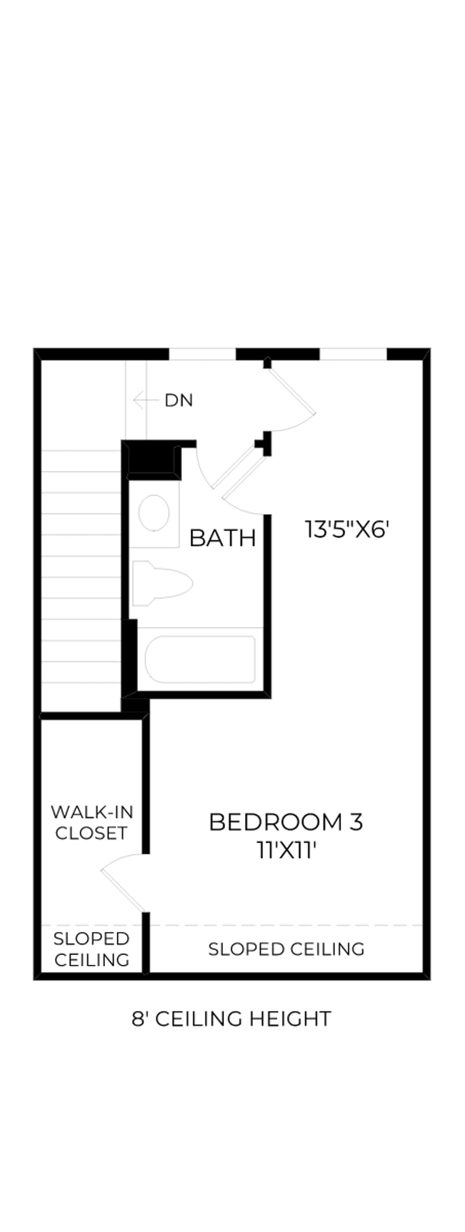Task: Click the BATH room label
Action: (222, 538)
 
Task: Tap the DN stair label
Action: (179, 401)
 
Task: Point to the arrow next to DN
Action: (146, 401)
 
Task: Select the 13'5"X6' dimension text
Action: (347, 529)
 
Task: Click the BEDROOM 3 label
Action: (286, 822)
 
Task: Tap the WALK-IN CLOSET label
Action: (92, 822)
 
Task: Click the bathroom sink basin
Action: (153, 513)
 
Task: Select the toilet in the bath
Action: (162, 584)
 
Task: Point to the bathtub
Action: (200, 659)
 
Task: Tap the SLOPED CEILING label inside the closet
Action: (92, 949)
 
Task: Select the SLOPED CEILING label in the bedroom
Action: (286, 949)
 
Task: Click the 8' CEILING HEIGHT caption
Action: (232, 1019)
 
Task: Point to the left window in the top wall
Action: (202, 354)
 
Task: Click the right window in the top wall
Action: (353, 354)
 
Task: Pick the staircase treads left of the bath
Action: (81, 567)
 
